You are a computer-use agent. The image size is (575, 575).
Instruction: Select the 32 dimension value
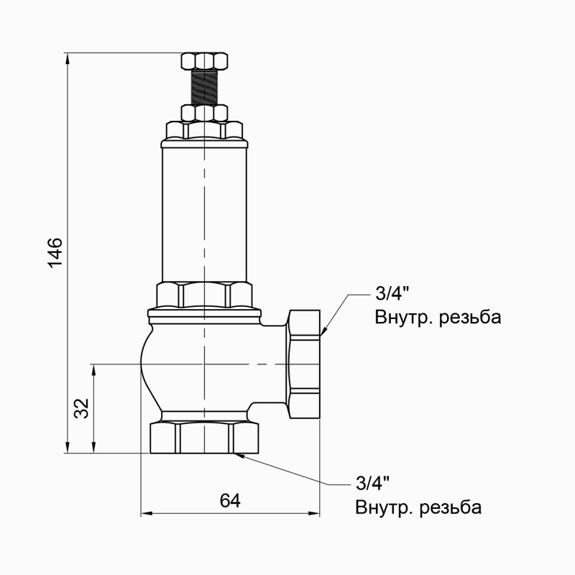[x=82, y=408]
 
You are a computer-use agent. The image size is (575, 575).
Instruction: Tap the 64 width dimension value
[x=229, y=501]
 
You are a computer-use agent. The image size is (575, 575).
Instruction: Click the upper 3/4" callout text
[x=391, y=294]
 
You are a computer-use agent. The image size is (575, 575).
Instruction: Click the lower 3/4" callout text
[x=372, y=482]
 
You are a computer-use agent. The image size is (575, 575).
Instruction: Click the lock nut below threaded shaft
[x=205, y=113]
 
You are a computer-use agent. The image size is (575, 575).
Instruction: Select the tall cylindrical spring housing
[x=205, y=212]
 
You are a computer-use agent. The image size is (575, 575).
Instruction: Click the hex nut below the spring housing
[x=205, y=294]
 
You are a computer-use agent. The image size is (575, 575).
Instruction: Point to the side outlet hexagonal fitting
[x=304, y=364]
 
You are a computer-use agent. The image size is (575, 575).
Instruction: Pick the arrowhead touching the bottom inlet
[x=241, y=454]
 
